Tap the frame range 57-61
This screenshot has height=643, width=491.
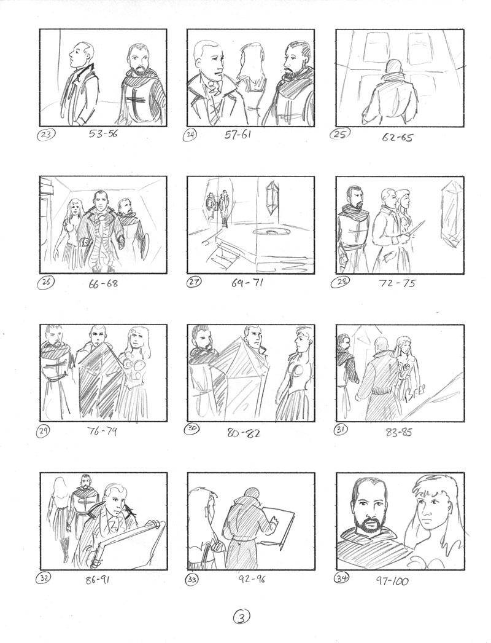[x=238, y=135]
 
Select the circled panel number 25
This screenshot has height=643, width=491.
[x=339, y=134]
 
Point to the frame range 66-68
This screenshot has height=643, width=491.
[x=103, y=283]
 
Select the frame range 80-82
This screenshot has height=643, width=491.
[x=244, y=432]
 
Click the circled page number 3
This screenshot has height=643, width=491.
[x=242, y=616]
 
